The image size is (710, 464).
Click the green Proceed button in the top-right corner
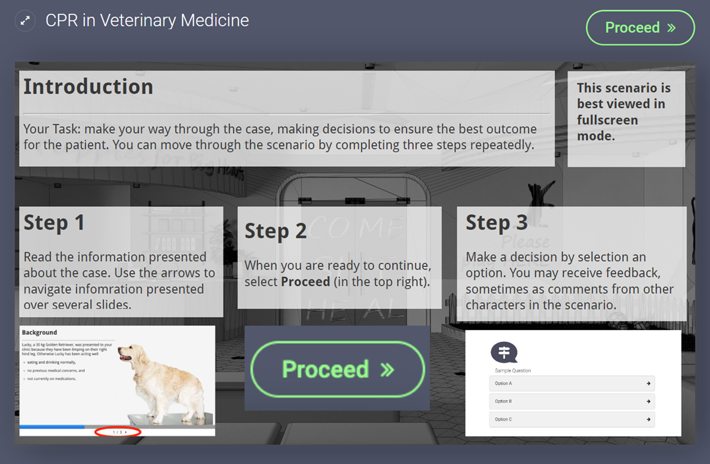pyautogui.click(x=640, y=28)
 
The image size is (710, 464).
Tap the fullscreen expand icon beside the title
pyautogui.click(x=25, y=20)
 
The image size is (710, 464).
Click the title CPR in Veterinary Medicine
pyautogui.click(x=147, y=20)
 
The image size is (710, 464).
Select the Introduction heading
pyautogui.click(x=88, y=86)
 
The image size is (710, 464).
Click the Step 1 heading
pyautogui.click(x=54, y=223)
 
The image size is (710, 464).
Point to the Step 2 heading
pyautogui.click(x=276, y=231)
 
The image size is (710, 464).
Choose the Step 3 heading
pyautogui.click(x=496, y=223)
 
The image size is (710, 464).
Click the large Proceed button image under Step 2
pyautogui.click(x=338, y=369)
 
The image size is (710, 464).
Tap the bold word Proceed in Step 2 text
pyautogui.click(x=305, y=281)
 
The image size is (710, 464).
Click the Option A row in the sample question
pyautogui.click(x=572, y=384)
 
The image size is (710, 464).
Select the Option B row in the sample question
pyautogui.click(x=572, y=401)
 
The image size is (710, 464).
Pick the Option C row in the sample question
pyautogui.click(x=572, y=419)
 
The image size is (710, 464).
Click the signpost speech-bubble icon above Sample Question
pyautogui.click(x=504, y=353)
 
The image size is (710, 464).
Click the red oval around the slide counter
pyautogui.click(x=118, y=432)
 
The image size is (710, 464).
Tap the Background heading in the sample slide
pyautogui.click(x=40, y=333)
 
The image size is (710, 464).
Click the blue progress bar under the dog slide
pyautogui.click(x=52, y=427)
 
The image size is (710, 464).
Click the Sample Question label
pyautogui.click(x=513, y=370)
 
